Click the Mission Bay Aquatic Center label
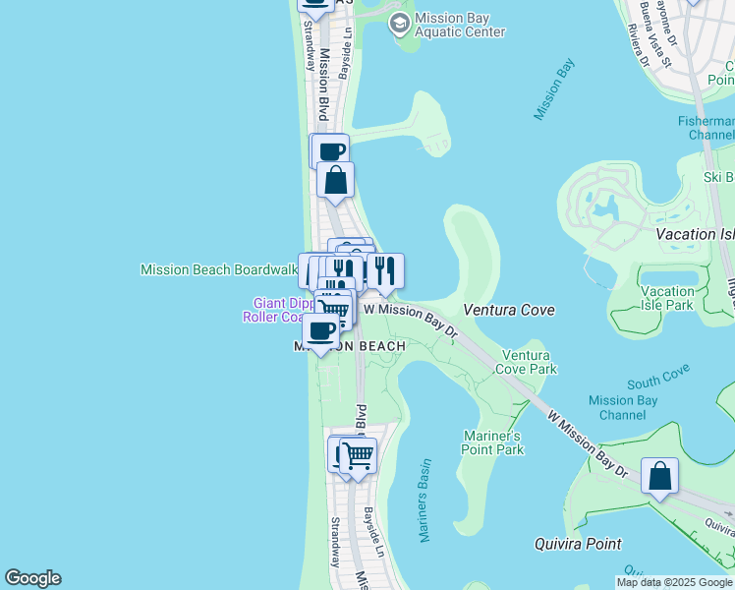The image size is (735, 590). [x=459, y=25]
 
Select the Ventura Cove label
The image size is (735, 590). [x=509, y=310]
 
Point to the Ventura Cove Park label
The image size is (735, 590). [x=529, y=362]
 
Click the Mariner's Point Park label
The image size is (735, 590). [x=492, y=442]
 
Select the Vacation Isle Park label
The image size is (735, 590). [x=667, y=298]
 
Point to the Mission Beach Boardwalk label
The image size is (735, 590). [x=218, y=269]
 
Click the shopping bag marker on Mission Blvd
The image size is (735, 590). [x=335, y=180]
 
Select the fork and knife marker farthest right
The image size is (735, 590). [x=385, y=271]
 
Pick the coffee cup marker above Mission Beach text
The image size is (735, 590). [x=320, y=331]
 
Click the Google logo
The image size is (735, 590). [x=32, y=578]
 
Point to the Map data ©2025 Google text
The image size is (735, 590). [x=674, y=582]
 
